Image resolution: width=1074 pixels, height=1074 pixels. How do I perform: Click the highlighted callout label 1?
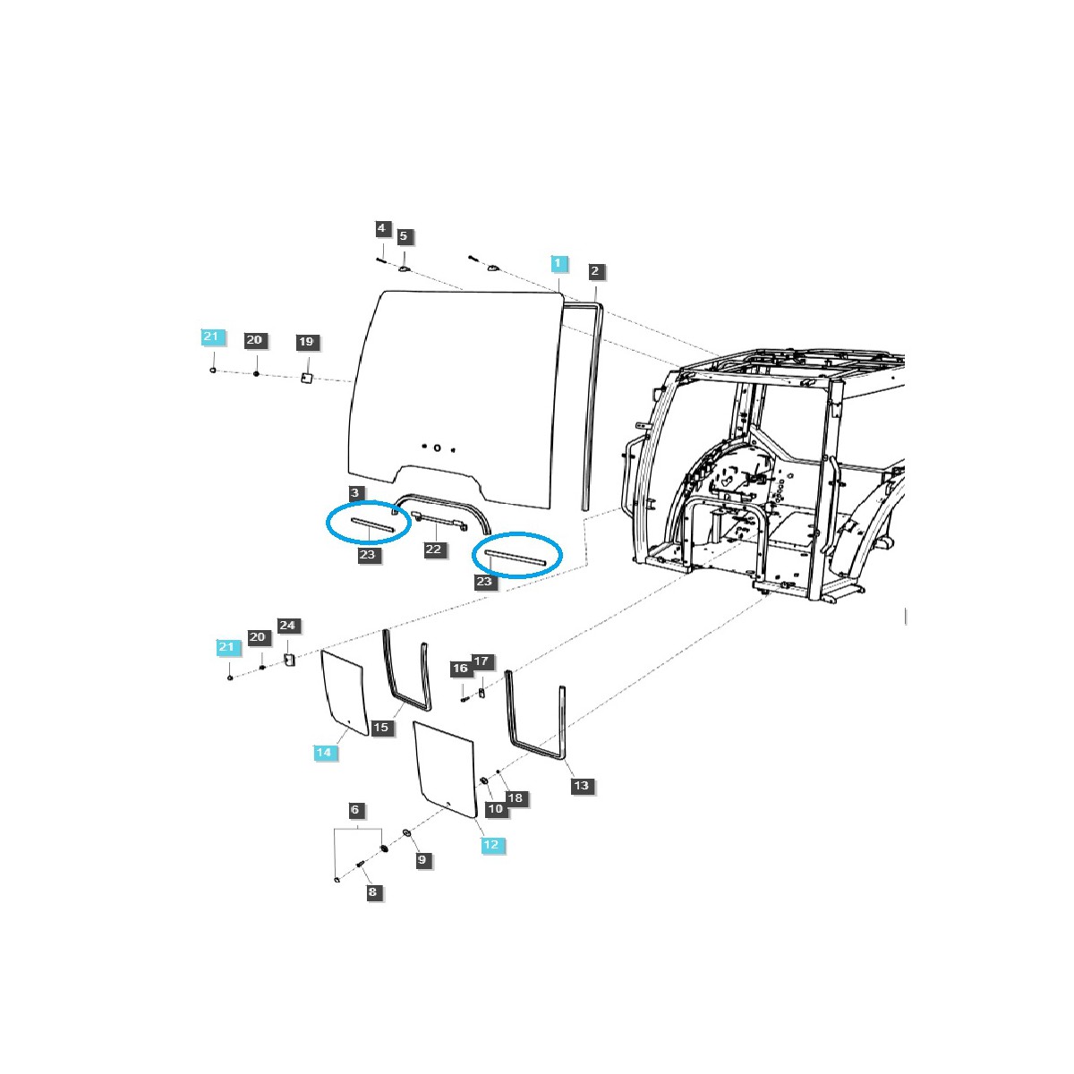pyautogui.click(x=558, y=263)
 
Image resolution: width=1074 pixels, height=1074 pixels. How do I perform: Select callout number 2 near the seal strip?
pyautogui.click(x=595, y=270)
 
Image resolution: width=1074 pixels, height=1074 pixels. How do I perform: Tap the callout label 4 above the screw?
pyautogui.click(x=381, y=228)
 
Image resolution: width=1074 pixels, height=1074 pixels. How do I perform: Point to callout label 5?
pyautogui.click(x=404, y=236)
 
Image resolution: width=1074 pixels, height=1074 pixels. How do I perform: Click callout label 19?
pyautogui.click(x=306, y=342)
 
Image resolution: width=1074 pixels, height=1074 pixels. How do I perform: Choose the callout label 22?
pyautogui.click(x=434, y=549)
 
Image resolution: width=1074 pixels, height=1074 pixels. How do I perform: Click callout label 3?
pyautogui.click(x=355, y=493)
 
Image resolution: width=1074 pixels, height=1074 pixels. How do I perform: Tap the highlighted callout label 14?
pyautogui.click(x=323, y=753)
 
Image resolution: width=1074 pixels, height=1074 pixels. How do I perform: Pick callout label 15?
pyautogui.click(x=381, y=728)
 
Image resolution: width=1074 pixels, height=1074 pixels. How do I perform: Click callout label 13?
pyautogui.click(x=582, y=786)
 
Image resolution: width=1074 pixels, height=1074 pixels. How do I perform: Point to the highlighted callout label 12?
pyautogui.click(x=490, y=844)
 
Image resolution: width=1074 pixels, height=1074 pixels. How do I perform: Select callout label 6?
pyautogui.click(x=355, y=810)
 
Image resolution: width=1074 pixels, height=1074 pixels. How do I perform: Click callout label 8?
pyautogui.click(x=373, y=891)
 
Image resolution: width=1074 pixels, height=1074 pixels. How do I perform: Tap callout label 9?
pyautogui.click(x=422, y=860)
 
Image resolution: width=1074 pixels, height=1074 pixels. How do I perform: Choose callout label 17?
pyautogui.click(x=482, y=661)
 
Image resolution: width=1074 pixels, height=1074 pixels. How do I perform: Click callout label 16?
pyautogui.click(x=460, y=669)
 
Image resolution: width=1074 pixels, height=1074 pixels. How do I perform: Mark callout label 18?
pyautogui.click(x=515, y=797)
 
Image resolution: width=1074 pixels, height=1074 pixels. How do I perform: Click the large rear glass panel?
pyautogui.click(x=456, y=376)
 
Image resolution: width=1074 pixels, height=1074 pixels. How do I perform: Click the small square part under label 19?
pyautogui.click(x=306, y=379)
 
